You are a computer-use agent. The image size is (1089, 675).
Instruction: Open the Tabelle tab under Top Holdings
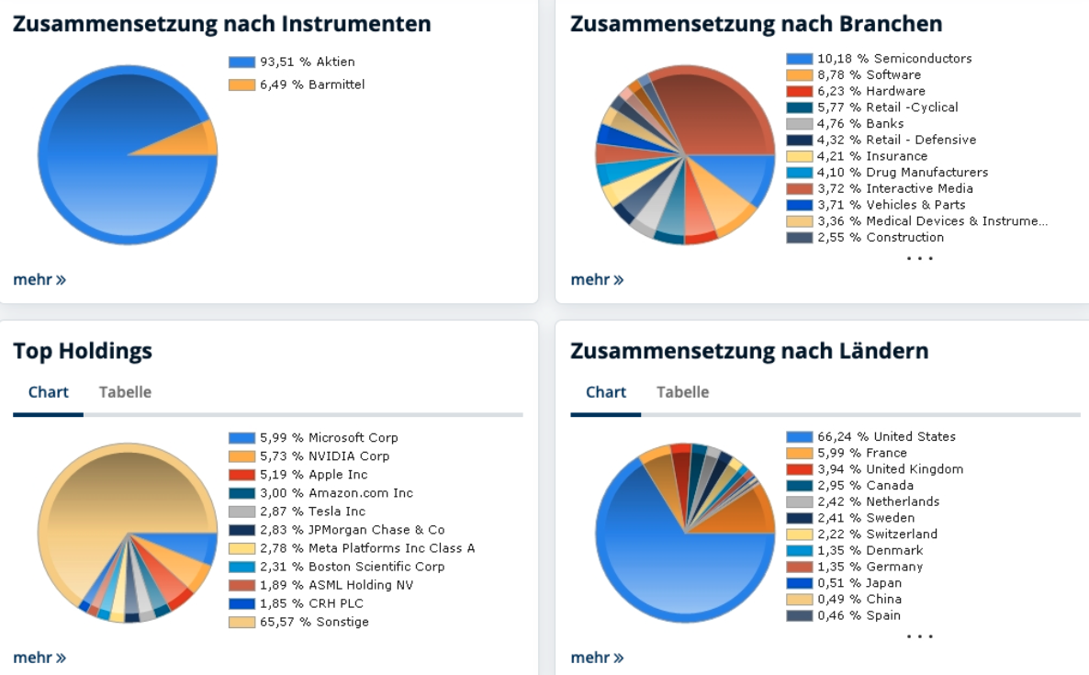(x=125, y=392)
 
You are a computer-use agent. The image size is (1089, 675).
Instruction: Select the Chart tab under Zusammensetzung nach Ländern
(x=606, y=392)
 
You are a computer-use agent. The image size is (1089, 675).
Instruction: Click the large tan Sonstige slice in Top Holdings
(x=101, y=496)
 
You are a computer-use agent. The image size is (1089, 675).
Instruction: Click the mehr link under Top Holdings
(x=39, y=658)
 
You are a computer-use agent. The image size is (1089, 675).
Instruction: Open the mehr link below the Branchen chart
(x=597, y=279)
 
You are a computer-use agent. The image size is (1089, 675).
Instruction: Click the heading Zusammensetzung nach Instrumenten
(x=221, y=24)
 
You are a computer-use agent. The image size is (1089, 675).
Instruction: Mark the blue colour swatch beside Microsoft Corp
(x=241, y=438)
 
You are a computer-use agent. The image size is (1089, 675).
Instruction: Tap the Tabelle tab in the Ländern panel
(x=682, y=392)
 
